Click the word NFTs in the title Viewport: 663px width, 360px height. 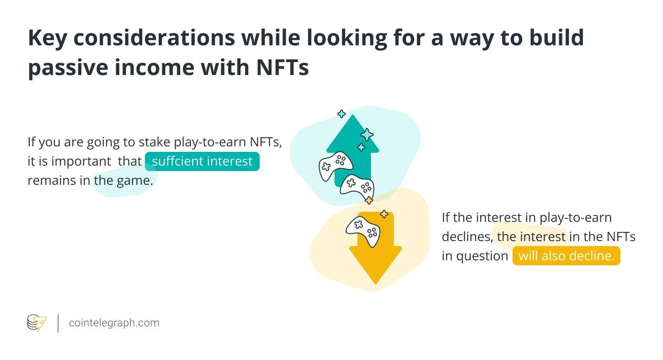click(x=283, y=67)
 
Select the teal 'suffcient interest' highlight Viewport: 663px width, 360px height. click(x=202, y=161)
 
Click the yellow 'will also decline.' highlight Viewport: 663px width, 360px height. click(x=566, y=256)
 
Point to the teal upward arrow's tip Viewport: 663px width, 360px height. click(x=353, y=114)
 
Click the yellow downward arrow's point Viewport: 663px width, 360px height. click(x=375, y=284)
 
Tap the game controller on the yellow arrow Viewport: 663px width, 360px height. click(x=363, y=231)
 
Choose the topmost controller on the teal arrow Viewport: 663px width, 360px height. click(x=335, y=166)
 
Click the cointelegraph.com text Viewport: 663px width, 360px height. click(x=114, y=322)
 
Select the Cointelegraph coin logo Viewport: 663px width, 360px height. click(x=37, y=323)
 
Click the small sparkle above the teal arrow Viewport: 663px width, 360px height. click(x=342, y=114)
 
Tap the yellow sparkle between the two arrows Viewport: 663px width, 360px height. click(x=369, y=200)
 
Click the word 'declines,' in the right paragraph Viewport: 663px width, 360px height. click(x=467, y=237)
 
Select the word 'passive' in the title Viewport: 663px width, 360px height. click(x=68, y=68)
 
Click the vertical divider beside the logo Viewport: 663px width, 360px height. click(x=58, y=323)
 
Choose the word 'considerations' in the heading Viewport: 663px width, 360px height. click(x=154, y=38)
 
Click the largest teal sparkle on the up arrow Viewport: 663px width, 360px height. click(x=367, y=134)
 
